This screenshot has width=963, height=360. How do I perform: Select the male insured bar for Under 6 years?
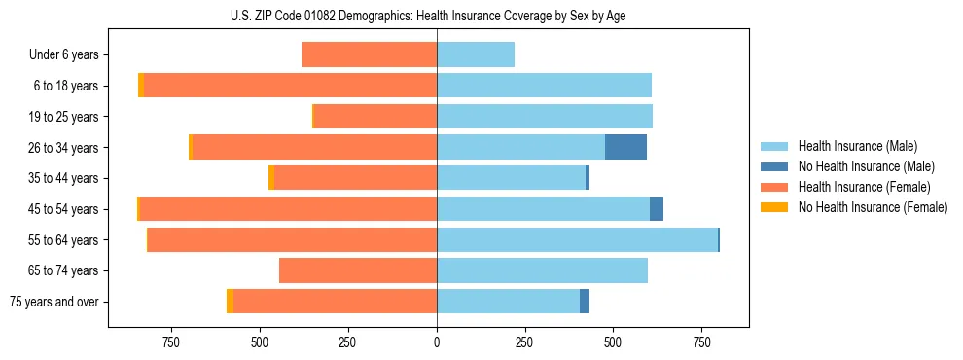point(476,54)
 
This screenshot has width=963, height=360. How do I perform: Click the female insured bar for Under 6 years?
point(369,54)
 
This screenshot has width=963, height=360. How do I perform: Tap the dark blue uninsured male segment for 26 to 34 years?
point(625,147)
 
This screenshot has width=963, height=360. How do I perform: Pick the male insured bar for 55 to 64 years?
point(577,239)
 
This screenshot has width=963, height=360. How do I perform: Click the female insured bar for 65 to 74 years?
point(357,270)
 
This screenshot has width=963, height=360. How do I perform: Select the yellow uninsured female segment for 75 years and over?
point(230,302)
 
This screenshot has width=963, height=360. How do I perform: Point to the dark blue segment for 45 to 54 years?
point(657,209)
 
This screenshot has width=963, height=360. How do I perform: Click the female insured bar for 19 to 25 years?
point(374,117)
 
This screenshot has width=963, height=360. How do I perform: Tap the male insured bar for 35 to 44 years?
point(511,178)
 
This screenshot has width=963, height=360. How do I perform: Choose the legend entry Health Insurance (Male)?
point(856,146)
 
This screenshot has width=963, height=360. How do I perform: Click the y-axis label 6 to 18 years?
point(66,86)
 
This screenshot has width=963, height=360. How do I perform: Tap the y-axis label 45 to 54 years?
point(63,209)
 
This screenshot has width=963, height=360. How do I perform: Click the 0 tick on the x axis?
point(437,342)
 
